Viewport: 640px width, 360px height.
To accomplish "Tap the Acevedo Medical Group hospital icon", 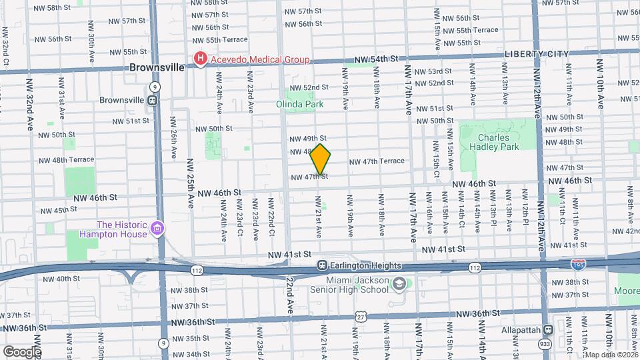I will (x=199, y=60).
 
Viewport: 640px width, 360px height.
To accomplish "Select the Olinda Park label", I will (x=299, y=104).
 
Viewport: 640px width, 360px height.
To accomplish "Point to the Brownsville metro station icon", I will (x=153, y=100).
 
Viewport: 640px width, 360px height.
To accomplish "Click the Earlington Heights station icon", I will (x=323, y=265).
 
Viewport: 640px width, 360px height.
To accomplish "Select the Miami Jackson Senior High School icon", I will (x=398, y=283).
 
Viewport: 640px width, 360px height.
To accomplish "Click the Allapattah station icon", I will (x=547, y=329).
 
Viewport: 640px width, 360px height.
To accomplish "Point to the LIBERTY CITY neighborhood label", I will (x=537, y=54).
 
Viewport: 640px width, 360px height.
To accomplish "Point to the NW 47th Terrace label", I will (x=377, y=161).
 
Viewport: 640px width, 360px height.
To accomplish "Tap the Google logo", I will (x=21, y=351).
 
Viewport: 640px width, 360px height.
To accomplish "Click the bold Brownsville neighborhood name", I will (x=157, y=67).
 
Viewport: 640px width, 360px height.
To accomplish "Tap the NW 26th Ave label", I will (x=172, y=143).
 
